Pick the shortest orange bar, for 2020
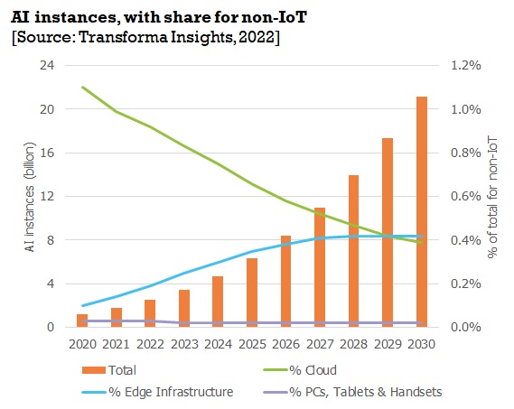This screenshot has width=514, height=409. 82,321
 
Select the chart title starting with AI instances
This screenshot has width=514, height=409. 136,15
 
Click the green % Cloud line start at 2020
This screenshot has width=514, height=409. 83,88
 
